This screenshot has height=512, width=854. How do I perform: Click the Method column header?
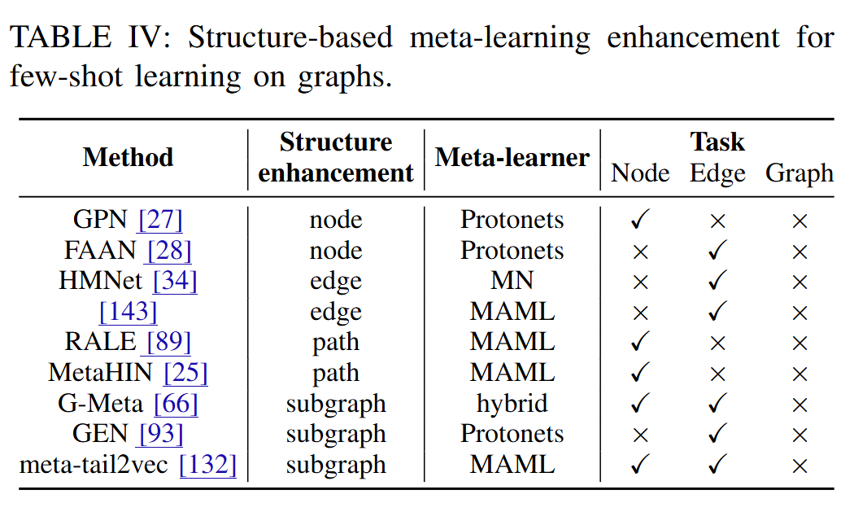tap(128, 156)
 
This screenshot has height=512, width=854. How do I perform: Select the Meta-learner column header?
tap(512, 156)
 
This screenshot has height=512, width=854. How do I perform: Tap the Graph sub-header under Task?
tap(799, 173)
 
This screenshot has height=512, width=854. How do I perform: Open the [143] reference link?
tap(128, 312)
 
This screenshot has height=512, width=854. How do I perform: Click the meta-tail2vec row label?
tap(94, 465)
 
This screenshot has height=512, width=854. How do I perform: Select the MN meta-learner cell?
tap(512, 281)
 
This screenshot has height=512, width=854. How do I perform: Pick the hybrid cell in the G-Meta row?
tap(512, 404)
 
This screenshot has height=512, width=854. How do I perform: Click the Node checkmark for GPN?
tap(640, 220)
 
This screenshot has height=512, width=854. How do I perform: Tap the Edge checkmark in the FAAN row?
tap(717, 251)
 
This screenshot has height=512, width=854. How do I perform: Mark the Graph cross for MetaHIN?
tap(800, 374)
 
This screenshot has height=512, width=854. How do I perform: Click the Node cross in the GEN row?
tap(640, 435)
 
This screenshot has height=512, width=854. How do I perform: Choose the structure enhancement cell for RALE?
tap(335, 343)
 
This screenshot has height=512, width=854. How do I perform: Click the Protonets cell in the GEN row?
tap(512, 435)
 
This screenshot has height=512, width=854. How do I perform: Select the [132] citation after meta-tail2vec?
tap(207, 465)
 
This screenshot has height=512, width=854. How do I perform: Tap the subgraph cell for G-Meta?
tap(335, 404)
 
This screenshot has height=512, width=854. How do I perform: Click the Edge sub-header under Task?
tap(717, 173)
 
